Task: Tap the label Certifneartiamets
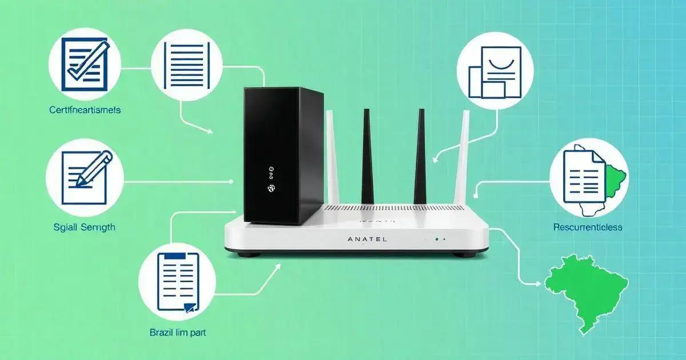click(x=85, y=110)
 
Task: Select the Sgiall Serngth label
click(x=80, y=227)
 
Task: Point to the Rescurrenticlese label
click(x=588, y=227)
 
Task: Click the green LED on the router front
click(x=436, y=239)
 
